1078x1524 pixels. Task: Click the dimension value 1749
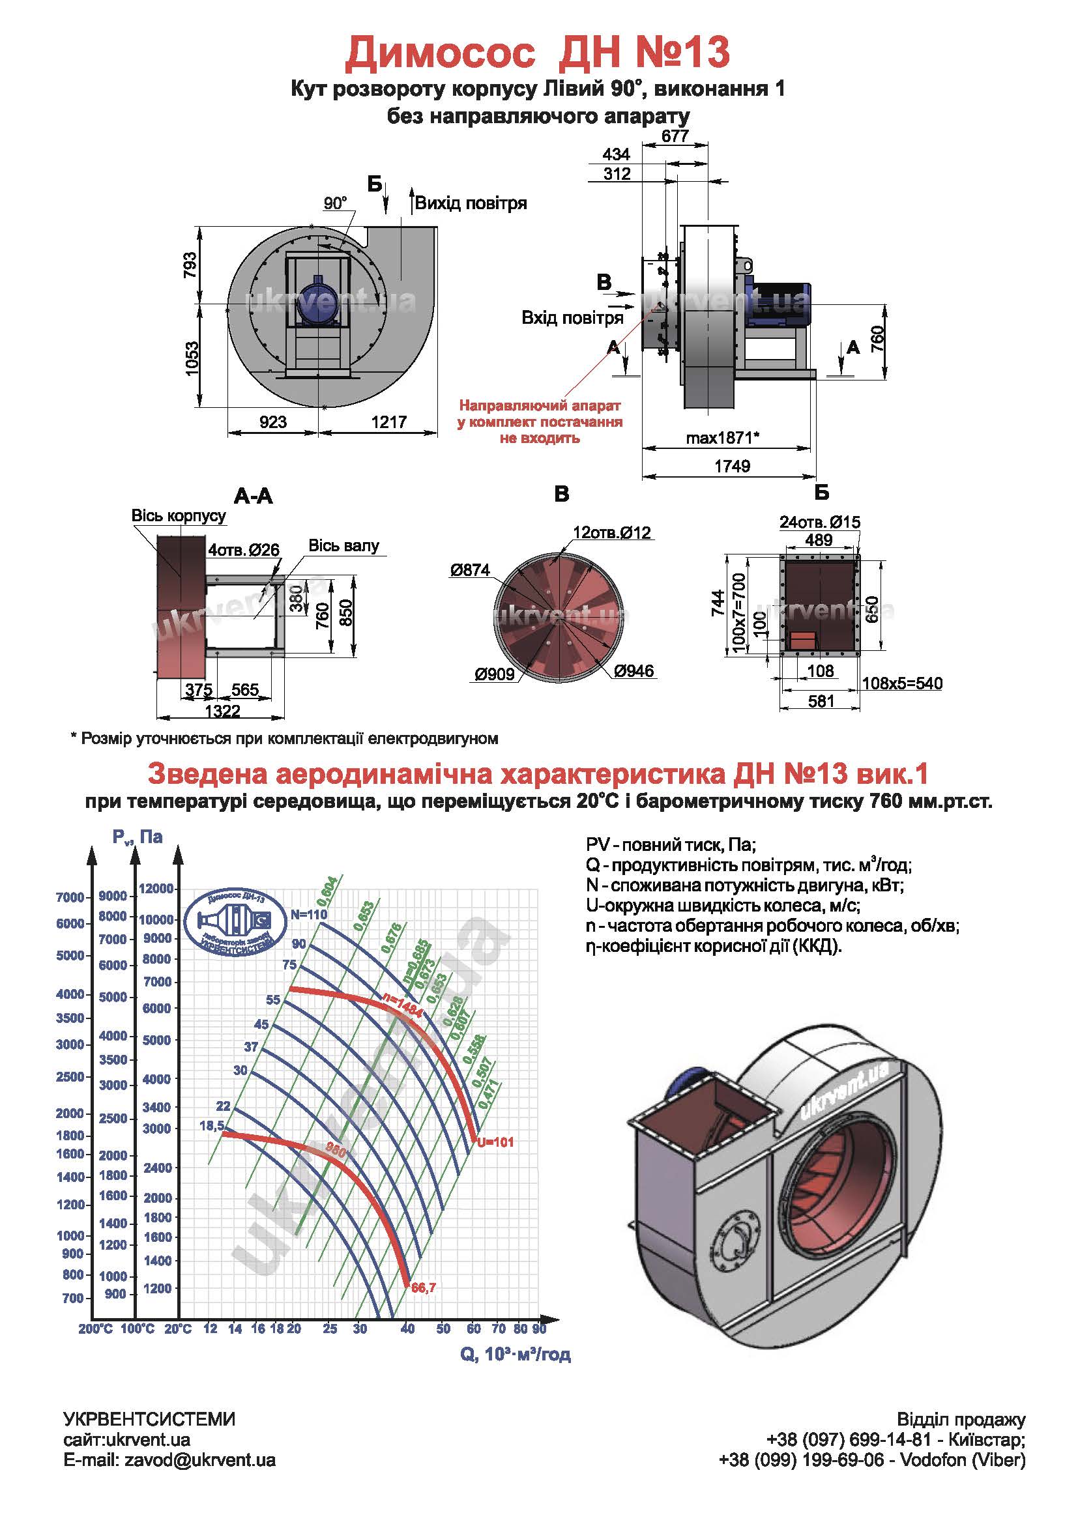(732, 466)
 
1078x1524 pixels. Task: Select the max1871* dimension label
(723, 438)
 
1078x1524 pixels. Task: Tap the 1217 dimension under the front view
(388, 422)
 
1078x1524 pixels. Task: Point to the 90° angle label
(336, 203)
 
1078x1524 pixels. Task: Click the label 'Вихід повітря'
(471, 203)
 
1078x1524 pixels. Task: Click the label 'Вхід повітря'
(572, 318)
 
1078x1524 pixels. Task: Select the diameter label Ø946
(634, 671)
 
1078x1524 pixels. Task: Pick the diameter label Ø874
(470, 569)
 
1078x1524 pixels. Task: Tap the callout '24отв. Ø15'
(820, 522)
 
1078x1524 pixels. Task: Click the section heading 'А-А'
(253, 496)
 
